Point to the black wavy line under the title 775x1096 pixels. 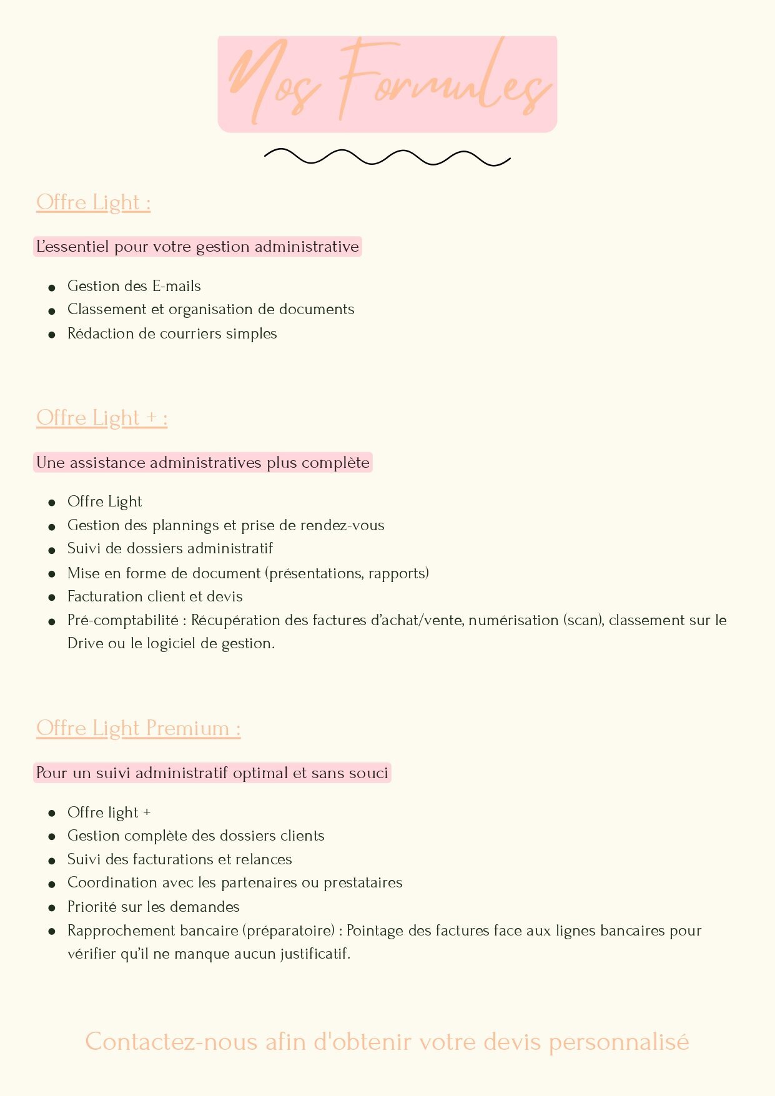(387, 157)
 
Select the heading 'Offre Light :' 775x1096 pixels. (93, 202)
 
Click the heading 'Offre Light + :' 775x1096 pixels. (102, 418)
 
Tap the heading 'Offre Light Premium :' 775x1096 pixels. (138, 728)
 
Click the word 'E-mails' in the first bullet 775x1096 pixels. (177, 286)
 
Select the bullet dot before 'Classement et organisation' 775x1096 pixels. (52, 310)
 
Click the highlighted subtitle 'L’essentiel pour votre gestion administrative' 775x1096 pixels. (197, 247)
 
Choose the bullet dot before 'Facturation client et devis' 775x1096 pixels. (52, 598)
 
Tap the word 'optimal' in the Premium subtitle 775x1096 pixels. (260, 773)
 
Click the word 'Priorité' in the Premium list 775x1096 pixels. (92, 907)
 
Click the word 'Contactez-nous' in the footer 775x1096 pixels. (171, 1042)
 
